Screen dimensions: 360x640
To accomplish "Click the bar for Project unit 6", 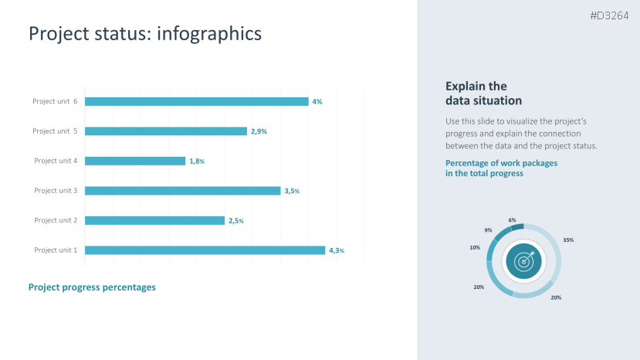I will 196,101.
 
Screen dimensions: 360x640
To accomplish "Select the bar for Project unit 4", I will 135,161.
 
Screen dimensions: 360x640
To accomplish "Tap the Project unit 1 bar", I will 205,250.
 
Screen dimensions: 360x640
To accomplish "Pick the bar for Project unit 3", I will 182,191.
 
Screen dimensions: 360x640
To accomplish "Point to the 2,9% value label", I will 259,131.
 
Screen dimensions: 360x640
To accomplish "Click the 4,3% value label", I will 337,250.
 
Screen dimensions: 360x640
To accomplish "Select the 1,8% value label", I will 197,161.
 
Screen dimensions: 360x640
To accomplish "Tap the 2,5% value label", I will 236,221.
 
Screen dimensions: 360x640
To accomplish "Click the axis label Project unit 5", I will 55,131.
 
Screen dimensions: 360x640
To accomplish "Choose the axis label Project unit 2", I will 56,220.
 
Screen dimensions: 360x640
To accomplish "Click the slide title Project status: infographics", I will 145,33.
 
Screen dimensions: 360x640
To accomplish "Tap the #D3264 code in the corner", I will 609,15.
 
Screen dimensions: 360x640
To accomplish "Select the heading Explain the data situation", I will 483,93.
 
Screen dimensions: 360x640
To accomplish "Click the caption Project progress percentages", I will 92,287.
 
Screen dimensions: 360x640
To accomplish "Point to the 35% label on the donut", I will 568,240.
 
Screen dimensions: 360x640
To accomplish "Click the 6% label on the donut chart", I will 512,220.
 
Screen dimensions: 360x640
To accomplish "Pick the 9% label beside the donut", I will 488,230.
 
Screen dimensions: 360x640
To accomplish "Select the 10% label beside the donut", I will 475,247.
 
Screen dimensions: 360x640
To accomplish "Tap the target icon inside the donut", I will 524,261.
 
